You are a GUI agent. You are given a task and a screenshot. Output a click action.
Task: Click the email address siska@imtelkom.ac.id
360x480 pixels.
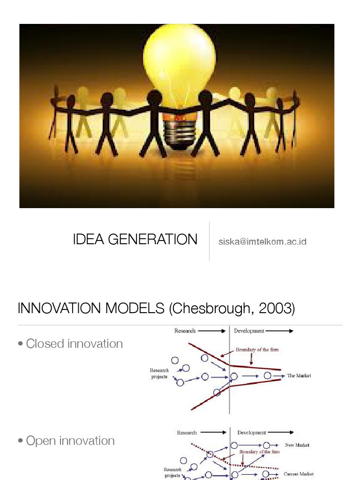[x=262, y=242]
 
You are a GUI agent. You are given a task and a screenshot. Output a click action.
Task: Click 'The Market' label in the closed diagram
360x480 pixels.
[x=299, y=375]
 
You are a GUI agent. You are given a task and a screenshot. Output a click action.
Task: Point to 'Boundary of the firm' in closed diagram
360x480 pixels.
[x=257, y=350]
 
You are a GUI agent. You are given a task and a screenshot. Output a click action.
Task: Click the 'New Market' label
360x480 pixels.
[x=297, y=445]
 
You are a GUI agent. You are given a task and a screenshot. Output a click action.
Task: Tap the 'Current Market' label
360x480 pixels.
[x=299, y=474]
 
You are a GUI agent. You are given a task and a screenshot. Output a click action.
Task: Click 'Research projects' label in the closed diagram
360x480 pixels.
[x=159, y=374]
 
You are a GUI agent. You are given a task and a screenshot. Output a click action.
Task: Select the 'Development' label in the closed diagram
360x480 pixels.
[x=249, y=331]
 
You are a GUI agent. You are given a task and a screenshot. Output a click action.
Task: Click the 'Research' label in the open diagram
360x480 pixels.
[x=187, y=433]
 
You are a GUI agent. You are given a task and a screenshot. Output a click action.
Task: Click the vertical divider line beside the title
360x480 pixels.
[x=209, y=240]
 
